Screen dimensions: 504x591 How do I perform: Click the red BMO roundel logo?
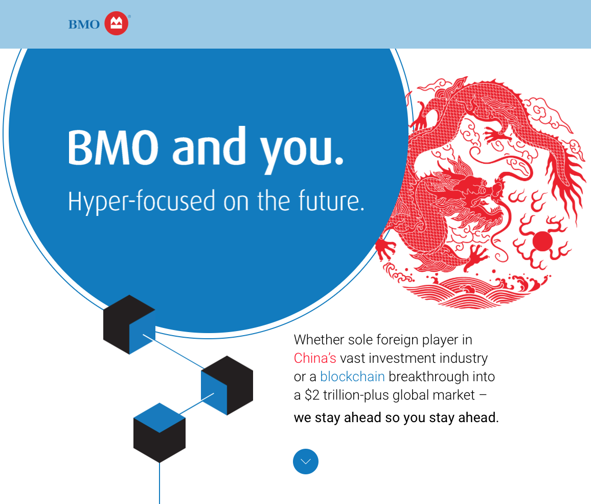(117, 24)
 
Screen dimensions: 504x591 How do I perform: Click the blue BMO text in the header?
(84, 25)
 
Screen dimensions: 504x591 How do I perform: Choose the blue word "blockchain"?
(352, 377)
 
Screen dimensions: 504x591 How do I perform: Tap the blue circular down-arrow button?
(306, 462)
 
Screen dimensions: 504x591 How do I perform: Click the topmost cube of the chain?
(129, 324)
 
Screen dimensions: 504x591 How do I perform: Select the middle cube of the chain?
(227, 385)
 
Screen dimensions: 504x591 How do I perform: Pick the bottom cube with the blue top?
(160, 432)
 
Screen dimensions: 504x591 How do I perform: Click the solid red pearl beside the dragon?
(542, 240)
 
